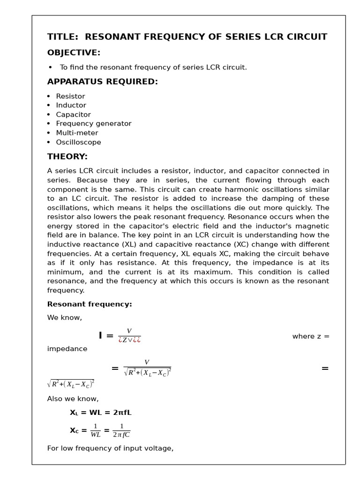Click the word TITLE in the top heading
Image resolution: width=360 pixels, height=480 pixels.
coord(62,37)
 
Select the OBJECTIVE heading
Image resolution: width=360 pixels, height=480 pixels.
coord(74,52)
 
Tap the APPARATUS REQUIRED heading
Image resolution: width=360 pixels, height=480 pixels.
coord(102,82)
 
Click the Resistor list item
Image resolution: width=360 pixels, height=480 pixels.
coord(70,96)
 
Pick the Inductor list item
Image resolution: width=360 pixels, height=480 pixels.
coord(71,105)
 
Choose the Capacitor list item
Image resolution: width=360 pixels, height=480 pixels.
coord(73,114)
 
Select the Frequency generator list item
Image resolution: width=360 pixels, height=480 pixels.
coord(93,124)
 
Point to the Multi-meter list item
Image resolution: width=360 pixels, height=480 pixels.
coord(77,133)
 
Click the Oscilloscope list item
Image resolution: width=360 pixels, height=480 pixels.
coord(78,142)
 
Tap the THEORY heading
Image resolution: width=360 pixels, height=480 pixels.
coord(67,157)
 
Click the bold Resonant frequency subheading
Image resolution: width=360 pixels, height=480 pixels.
coord(90,304)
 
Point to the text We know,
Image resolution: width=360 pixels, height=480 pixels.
coord(64,318)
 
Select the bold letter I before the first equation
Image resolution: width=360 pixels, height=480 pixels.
coord(100,336)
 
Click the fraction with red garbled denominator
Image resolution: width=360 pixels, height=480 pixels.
coord(129,336)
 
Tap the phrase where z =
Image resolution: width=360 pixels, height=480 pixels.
coord(311,336)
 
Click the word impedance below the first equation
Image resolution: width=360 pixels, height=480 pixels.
coord(67,349)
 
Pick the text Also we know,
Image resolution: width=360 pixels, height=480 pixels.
coord(73,399)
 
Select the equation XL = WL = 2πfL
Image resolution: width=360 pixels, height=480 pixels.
coord(100,412)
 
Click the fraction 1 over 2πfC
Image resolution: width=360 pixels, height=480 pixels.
coord(121,430)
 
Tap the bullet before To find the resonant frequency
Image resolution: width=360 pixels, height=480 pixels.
coord(50,67)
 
